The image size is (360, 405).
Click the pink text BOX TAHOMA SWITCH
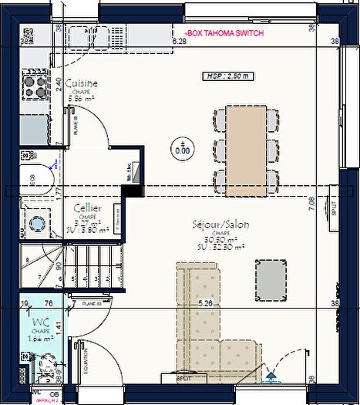click(x=220, y=35)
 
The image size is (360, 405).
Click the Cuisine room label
click(x=81, y=83)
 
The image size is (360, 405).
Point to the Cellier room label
click(x=89, y=208)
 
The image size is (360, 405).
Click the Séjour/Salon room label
click(x=220, y=224)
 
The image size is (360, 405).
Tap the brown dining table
click(x=247, y=150)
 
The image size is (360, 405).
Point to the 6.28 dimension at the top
click(x=180, y=42)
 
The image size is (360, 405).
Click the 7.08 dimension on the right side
click(x=311, y=204)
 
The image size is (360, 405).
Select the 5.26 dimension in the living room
click(x=205, y=304)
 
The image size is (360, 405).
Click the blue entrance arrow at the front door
click(x=271, y=377)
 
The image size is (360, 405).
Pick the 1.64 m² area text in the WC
click(x=40, y=337)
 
